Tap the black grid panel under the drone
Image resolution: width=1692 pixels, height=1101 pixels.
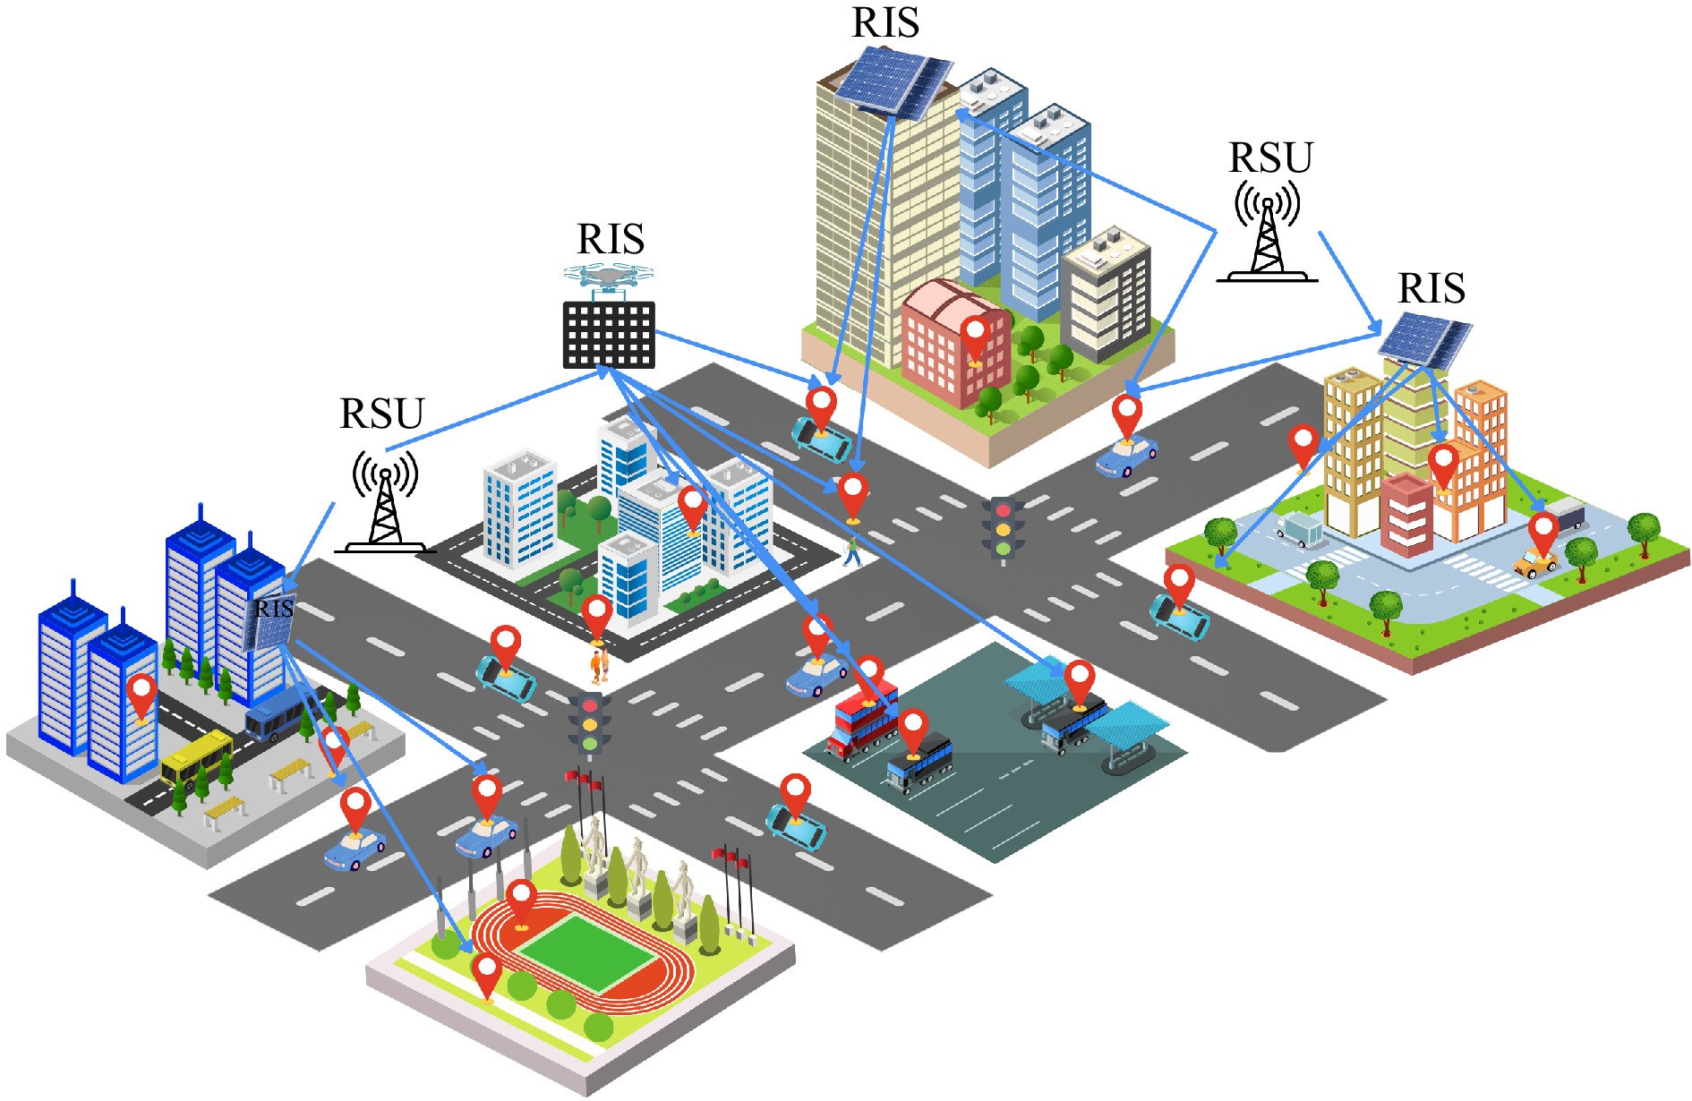609,335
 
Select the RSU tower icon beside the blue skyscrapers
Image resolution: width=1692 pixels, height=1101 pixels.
385,501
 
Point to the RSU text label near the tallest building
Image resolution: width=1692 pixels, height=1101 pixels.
1270,158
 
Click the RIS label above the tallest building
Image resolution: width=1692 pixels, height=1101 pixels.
885,22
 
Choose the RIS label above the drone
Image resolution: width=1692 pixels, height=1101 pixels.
611,240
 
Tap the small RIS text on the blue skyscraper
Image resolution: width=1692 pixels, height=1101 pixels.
273,609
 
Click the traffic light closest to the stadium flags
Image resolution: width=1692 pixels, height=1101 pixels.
590,723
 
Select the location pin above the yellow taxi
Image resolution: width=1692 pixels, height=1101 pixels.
1542,532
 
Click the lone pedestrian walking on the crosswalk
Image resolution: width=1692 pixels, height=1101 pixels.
851,550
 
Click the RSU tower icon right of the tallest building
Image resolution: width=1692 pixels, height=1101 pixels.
1267,233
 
